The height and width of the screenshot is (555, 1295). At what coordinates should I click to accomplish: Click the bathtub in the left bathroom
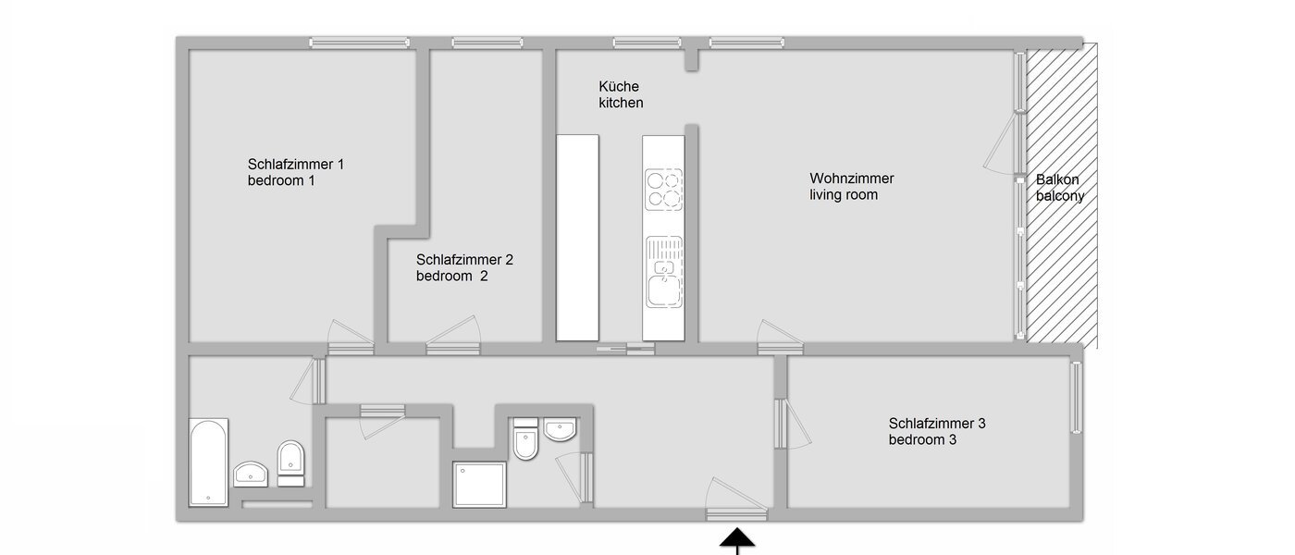tap(208, 462)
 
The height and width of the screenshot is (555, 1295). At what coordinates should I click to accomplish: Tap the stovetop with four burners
tap(663, 189)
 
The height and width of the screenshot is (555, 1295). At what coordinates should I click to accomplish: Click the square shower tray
tap(480, 484)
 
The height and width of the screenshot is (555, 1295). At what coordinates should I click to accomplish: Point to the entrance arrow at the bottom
tap(737, 539)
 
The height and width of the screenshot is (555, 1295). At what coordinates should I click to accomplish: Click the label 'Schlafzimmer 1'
tap(296, 165)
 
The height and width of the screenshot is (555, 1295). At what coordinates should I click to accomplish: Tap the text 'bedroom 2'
tap(451, 276)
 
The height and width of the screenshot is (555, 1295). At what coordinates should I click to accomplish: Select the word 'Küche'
tap(619, 87)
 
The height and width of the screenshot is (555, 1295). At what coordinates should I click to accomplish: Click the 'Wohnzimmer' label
tap(852, 179)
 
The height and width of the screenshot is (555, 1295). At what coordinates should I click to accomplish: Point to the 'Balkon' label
tap(1057, 179)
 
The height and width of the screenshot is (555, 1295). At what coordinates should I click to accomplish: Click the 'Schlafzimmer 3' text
tap(937, 424)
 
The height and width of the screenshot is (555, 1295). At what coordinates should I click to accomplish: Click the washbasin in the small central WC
tap(560, 429)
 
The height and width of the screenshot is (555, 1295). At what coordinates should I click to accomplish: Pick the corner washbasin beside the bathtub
tap(251, 474)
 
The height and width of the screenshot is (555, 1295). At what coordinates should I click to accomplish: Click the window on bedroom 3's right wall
tap(1077, 397)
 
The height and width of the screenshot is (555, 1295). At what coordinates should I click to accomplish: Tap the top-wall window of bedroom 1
tap(359, 42)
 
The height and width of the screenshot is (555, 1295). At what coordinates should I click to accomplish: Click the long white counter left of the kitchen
tap(577, 237)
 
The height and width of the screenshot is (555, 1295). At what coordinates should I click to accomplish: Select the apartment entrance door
tap(736, 512)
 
